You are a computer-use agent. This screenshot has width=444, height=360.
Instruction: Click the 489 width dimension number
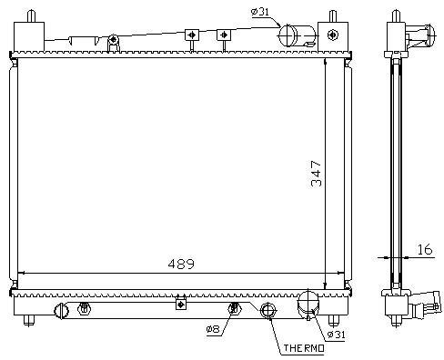181,264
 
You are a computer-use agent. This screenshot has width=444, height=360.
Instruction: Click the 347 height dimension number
317,174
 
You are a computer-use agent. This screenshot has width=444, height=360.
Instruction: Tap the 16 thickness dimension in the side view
425,249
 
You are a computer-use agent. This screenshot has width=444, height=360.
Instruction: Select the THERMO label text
304,348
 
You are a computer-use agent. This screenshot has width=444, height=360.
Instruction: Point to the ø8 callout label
213,329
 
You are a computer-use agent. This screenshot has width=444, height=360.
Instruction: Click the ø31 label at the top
260,12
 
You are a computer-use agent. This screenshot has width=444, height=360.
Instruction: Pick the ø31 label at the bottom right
336,335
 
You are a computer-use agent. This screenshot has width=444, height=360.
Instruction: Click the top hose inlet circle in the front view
288,35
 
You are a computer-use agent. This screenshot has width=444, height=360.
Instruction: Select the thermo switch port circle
267,310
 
